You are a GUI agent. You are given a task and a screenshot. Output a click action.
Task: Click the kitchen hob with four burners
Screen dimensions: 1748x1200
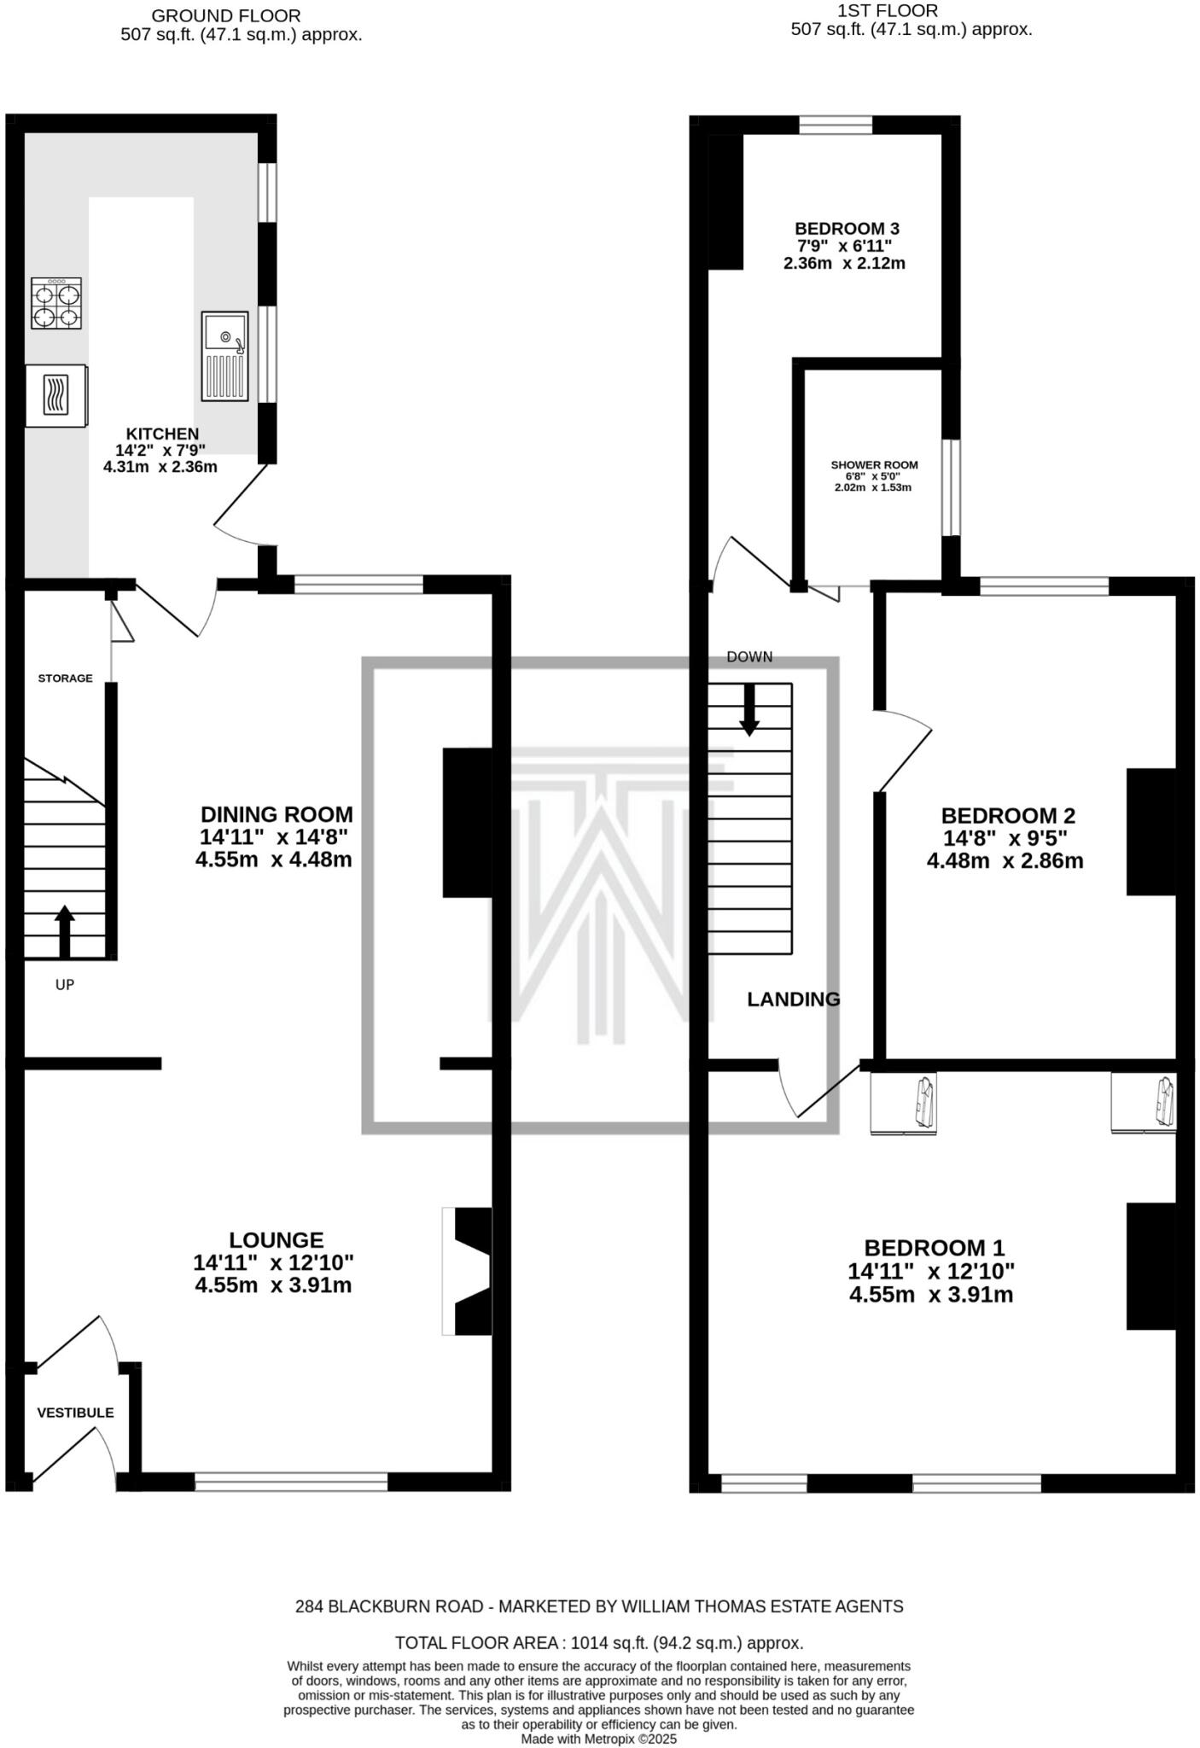pos(56,303)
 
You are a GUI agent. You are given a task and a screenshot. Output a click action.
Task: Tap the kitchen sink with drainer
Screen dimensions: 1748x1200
pos(225,356)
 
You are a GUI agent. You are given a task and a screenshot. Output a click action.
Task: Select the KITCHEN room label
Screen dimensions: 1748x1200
pos(162,434)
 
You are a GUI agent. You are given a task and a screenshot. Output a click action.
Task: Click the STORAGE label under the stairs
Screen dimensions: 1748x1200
pos(65,679)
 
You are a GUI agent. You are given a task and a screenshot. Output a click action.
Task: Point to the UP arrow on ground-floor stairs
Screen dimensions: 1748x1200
pos(65,930)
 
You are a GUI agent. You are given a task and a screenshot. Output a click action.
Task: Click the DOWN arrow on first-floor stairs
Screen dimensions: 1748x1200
pos(749,708)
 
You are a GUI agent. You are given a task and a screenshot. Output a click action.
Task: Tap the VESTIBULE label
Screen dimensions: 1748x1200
pos(75,1413)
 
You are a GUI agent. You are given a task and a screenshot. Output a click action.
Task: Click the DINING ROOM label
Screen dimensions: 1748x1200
pos(276,814)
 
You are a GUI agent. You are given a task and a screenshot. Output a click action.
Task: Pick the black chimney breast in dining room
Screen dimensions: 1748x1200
pos(467,822)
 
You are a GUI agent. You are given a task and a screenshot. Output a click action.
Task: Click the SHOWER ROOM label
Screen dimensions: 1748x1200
pos(874,465)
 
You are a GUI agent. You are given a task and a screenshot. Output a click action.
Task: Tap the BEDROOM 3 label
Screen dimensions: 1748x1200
pos(847,229)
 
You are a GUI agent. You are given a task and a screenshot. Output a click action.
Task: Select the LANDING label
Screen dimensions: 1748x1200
pos(793,999)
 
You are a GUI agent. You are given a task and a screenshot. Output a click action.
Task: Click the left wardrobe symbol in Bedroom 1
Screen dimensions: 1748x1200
pos(903,1104)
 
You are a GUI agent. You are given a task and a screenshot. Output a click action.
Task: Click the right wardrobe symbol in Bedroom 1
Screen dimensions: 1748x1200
pos(1144,1104)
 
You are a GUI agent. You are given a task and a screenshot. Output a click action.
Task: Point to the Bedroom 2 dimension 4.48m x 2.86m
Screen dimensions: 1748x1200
pos(1005,861)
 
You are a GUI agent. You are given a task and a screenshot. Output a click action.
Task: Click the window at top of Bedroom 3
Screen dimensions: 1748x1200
pos(836,125)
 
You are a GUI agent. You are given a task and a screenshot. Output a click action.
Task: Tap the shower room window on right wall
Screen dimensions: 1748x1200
pos(951,487)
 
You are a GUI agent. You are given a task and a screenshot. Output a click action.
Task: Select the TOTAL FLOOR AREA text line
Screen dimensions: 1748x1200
pos(598,1643)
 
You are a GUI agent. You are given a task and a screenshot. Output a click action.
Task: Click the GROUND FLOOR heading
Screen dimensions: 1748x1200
pos(225,15)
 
